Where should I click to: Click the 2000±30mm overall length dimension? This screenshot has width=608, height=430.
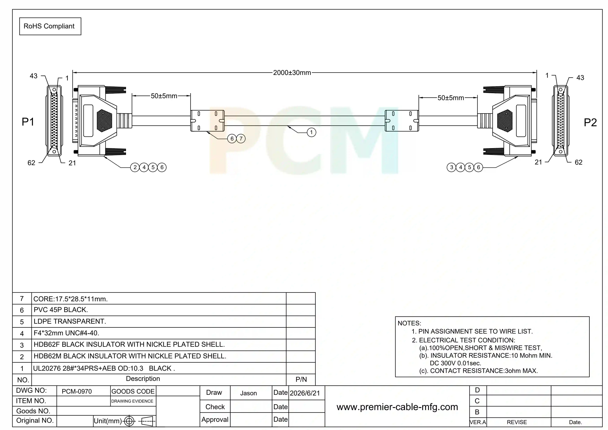click(292, 73)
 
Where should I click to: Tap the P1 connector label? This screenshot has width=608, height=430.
click(28, 122)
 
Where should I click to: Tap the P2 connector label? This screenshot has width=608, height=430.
click(590, 122)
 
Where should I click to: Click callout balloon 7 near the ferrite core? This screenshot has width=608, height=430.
click(241, 139)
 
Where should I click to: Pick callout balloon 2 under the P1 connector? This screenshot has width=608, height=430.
click(135, 167)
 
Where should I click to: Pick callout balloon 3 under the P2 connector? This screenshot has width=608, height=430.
click(451, 167)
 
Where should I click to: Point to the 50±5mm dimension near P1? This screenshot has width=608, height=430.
click(164, 96)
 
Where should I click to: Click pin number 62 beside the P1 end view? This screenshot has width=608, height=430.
click(31, 163)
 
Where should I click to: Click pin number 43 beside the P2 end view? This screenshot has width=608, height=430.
click(580, 78)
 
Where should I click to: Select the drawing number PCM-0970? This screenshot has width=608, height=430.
click(77, 392)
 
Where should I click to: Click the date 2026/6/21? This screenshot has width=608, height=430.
click(305, 393)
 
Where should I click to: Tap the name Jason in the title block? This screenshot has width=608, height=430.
click(248, 393)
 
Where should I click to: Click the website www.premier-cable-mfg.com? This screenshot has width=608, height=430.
click(397, 407)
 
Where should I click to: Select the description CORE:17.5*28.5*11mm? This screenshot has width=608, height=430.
click(70, 299)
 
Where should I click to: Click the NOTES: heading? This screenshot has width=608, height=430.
click(409, 323)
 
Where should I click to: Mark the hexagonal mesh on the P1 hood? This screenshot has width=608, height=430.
click(104, 121)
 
